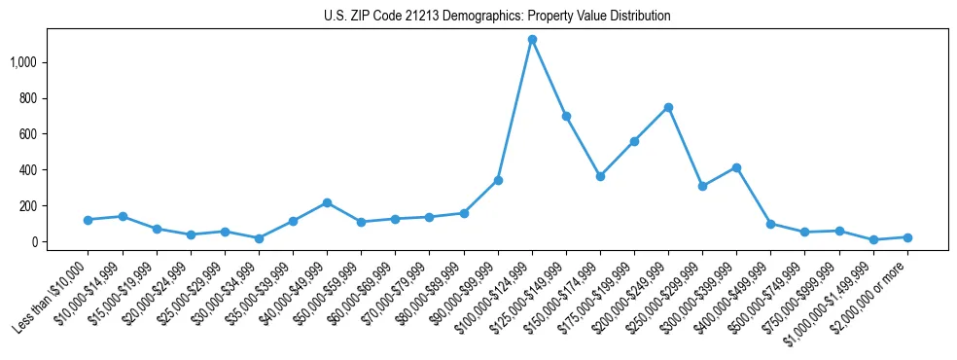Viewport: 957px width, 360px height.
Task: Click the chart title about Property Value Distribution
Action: point(497,17)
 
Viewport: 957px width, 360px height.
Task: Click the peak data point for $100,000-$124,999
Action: point(532,40)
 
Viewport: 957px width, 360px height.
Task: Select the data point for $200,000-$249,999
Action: point(668,107)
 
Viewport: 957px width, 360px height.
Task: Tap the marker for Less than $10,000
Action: point(89,220)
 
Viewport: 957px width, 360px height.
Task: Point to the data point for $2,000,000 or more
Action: point(907,237)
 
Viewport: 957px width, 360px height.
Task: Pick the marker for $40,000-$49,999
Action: point(327,202)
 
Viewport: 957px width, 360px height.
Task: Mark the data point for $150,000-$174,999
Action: point(600,176)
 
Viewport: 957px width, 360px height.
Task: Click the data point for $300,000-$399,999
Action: point(736,167)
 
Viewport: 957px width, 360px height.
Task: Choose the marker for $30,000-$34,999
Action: point(259,238)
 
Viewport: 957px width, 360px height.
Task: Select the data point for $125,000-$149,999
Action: point(566,116)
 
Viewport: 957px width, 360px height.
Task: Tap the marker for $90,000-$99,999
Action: point(498,180)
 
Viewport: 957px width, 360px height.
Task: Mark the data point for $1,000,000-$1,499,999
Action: point(873,239)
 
